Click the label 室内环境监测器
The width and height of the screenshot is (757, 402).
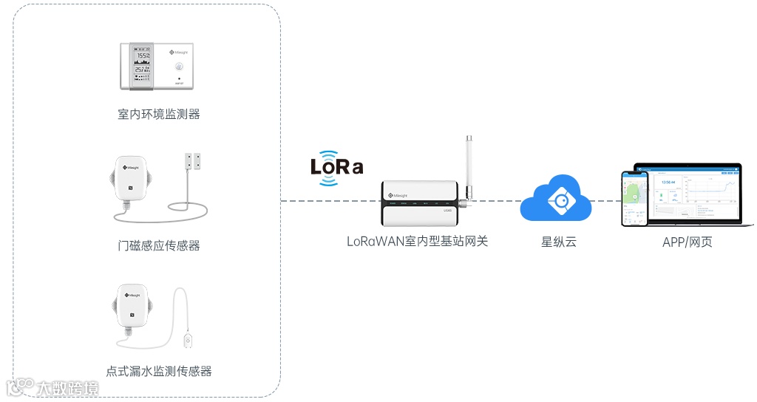[159, 114]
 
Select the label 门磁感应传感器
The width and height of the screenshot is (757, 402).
[159, 245]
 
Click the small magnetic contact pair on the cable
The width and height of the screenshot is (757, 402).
[194, 160]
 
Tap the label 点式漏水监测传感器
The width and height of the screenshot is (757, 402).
[159, 371]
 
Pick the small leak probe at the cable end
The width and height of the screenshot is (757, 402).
[189, 341]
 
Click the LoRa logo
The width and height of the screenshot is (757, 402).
[337, 168]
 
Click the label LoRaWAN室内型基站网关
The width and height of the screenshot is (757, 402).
[418, 242]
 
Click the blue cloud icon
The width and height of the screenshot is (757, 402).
[556, 198]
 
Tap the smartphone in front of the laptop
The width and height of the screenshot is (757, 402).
[634, 199]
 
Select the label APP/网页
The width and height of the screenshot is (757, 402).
[687, 242]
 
